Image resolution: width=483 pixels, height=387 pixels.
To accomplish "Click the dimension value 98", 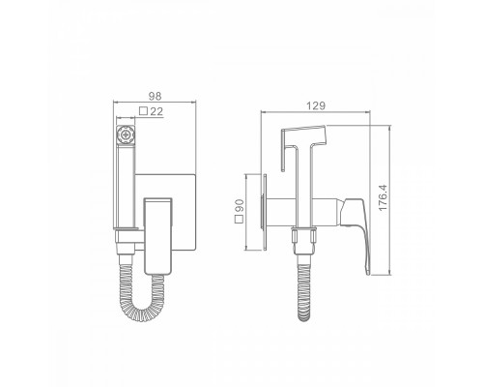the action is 155,96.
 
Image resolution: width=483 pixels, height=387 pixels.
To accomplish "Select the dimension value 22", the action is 156,111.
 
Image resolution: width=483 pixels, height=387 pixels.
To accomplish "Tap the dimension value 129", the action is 316,105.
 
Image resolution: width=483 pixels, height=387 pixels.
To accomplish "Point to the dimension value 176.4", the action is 383,197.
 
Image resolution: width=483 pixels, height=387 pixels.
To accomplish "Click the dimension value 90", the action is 240,206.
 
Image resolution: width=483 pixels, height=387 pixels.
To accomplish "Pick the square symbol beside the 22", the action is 144,111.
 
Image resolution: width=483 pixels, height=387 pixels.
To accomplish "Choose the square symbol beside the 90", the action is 240,220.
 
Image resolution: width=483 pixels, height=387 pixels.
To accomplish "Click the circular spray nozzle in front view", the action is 126,134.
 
